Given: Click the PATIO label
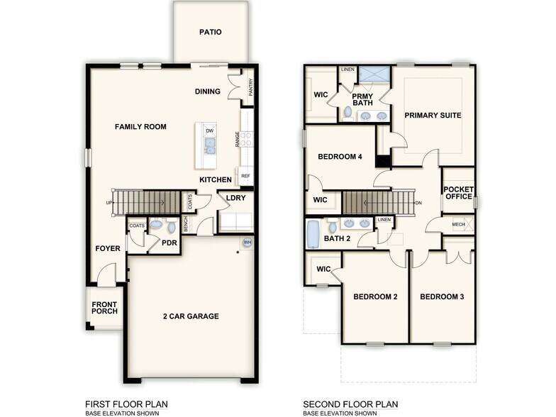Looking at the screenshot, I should click(210, 32).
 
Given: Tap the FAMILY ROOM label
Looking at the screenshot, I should click(140, 127).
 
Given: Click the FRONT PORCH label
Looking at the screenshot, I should click(104, 307).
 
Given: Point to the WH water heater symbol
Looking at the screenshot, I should click(248, 243).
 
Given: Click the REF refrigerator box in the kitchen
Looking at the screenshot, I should click(245, 176).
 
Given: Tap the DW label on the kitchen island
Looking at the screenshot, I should click(209, 131).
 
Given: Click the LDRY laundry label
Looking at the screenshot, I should click(235, 198).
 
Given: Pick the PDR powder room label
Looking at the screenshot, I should click(169, 243).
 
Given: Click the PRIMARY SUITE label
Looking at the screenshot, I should click(433, 115).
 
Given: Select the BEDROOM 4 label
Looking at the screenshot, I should click(340, 157).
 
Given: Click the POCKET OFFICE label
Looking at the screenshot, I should click(457, 193).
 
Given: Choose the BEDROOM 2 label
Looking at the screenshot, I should click(374, 296).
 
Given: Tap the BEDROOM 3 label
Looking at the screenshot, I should click(442, 296).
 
